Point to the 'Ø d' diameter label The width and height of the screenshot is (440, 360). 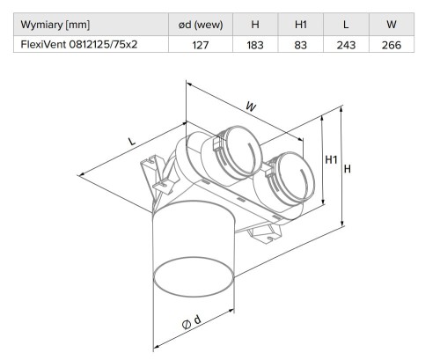pos(191,323)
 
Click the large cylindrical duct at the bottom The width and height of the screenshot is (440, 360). pos(194,255)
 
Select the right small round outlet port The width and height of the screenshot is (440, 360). pos(285,175)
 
